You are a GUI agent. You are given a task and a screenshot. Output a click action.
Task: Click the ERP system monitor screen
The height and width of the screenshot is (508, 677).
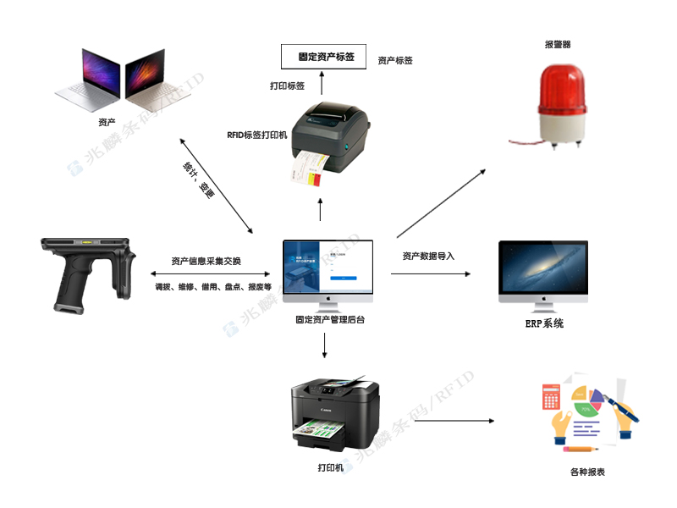tap(543, 269)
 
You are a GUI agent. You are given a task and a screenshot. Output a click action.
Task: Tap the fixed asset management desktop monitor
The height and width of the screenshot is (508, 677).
tap(327, 269)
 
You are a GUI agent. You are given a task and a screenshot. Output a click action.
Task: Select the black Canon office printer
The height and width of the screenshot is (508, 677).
tap(333, 411)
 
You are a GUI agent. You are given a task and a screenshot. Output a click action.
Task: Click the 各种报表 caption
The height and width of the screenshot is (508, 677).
tap(588, 472)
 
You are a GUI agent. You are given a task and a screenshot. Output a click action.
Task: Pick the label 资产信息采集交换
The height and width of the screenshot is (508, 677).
tap(206, 261)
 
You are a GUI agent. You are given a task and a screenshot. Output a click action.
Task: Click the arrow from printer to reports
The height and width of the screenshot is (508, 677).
tap(449, 420)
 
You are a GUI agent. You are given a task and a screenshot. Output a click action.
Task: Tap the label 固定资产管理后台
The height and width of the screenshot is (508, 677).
tap(330, 320)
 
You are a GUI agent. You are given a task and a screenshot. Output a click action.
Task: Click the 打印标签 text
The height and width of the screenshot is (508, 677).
tap(287, 86)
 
